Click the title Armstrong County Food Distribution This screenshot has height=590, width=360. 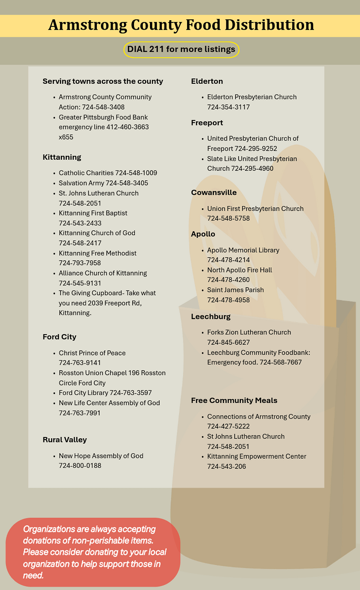pyautogui.click(x=181, y=25)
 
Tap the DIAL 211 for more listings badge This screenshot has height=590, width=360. pyautogui.click(x=181, y=49)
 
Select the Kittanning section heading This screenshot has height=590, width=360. pyautogui.click(x=62, y=157)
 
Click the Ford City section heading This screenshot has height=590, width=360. pyautogui.click(x=59, y=337)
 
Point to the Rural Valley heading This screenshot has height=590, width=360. pyautogui.click(x=64, y=440)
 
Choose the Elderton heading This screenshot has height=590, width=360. pyautogui.click(x=207, y=81)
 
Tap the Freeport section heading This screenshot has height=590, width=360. pyautogui.click(x=207, y=123)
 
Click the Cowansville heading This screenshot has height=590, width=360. pyautogui.click(x=214, y=193)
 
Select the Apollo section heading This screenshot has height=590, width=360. pyautogui.click(x=203, y=234)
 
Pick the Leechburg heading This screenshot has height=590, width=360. pyautogui.click(x=210, y=317)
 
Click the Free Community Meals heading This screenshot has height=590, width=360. pyautogui.click(x=234, y=401)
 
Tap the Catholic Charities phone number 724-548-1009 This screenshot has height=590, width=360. pyautogui.click(x=136, y=173)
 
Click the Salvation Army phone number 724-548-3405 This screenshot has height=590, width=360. pyautogui.click(x=127, y=183)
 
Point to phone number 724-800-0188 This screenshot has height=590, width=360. pyautogui.click(x=80, y=466)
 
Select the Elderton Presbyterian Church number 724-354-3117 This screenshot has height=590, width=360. pyautogui.click(x=228, y=107)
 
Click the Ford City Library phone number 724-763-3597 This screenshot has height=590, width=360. pyautogui.click(x=131, y=393)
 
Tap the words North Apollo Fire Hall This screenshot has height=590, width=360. pyautogui.click(x=239, y=270)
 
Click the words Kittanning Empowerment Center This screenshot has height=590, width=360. pyautogui.click(x=256, y=456)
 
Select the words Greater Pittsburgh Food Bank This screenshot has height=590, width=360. pyautogui.click(x=103, y=117)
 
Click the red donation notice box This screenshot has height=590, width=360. pyautogui.click(x=93, y=552)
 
